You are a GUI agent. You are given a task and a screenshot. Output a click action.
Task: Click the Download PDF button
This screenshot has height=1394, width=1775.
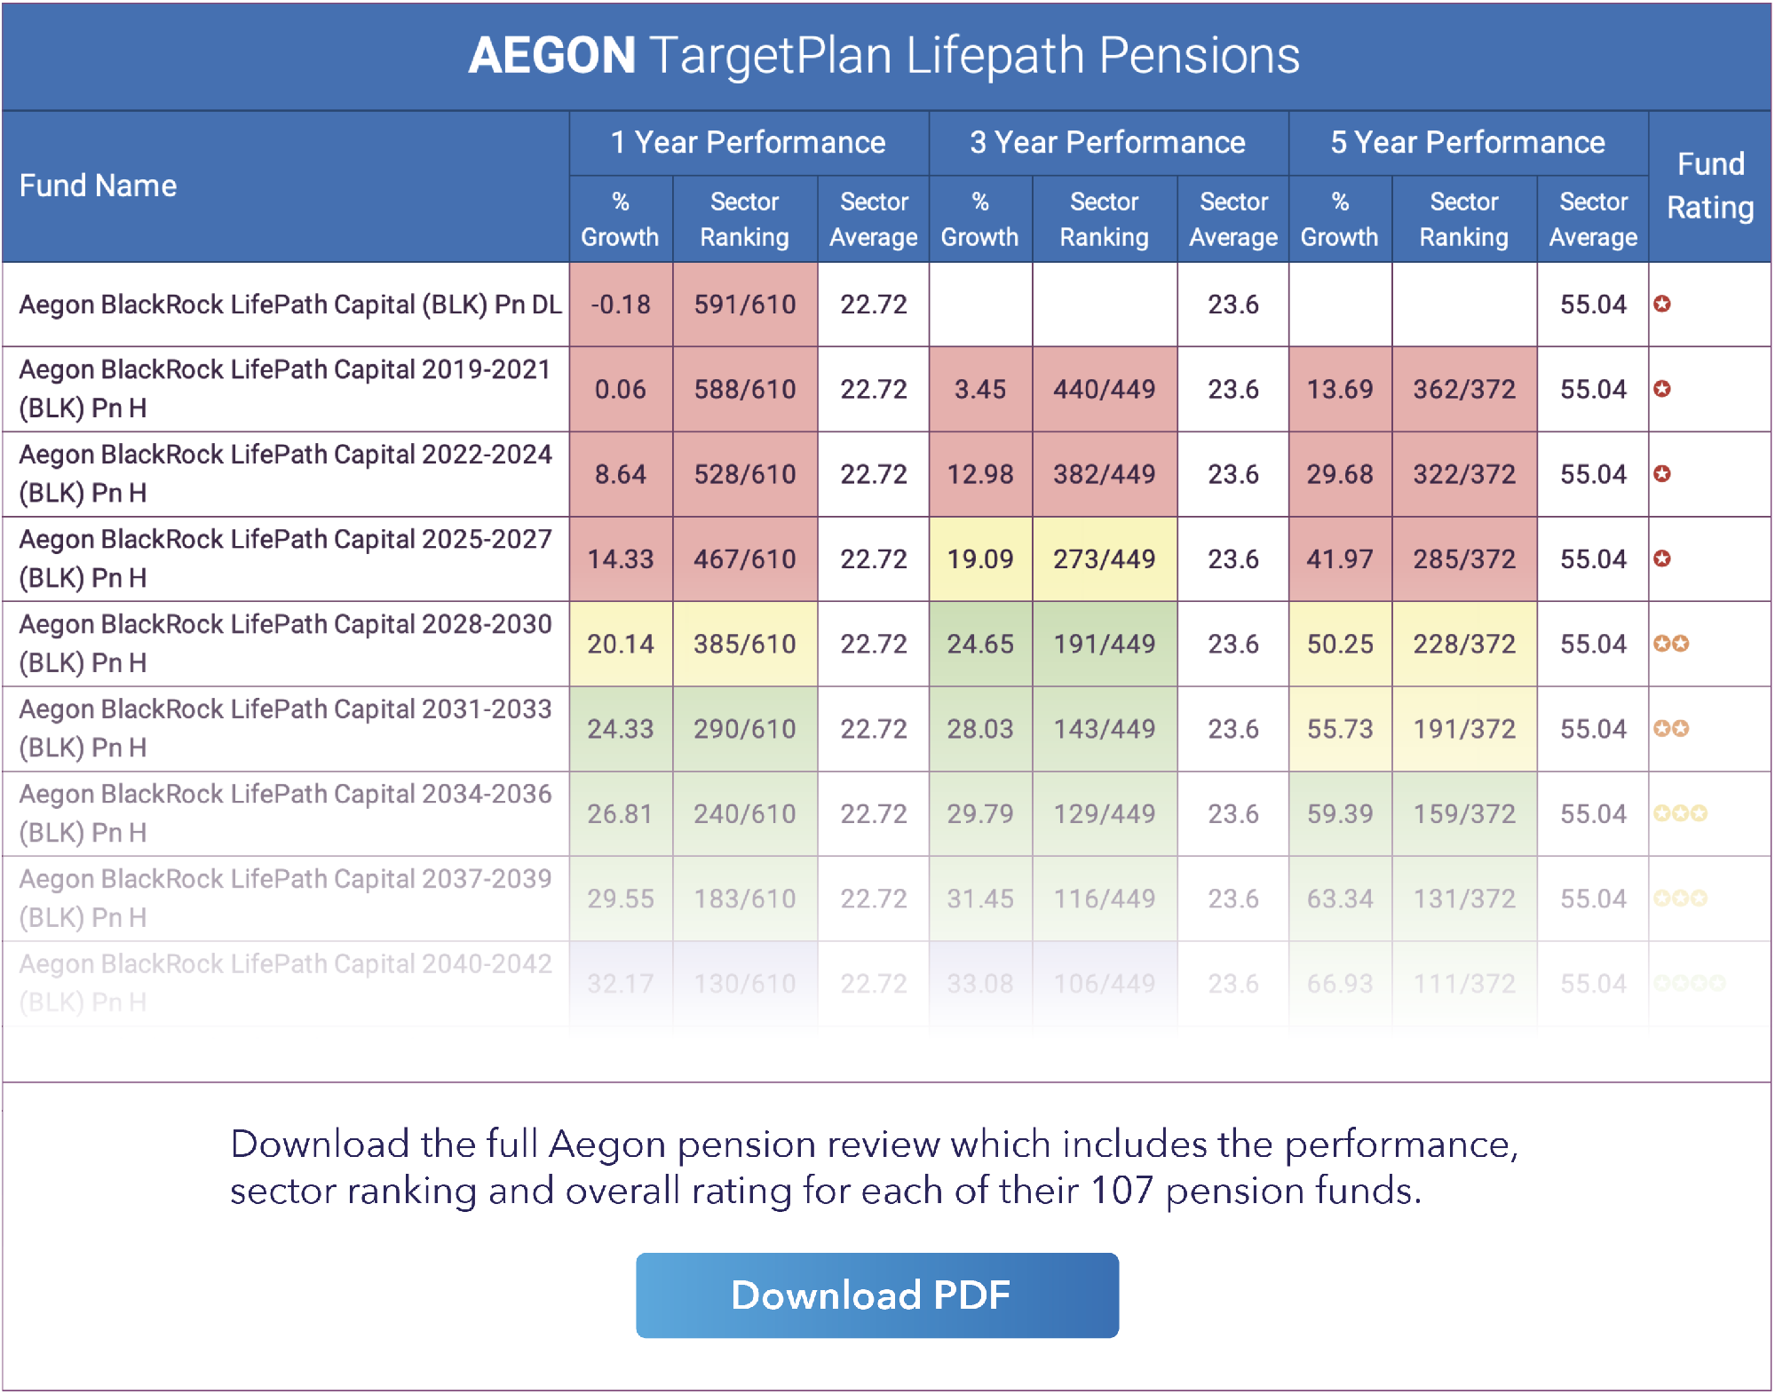(876, 1295)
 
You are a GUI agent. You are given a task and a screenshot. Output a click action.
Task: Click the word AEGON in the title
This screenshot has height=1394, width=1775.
(551, 55)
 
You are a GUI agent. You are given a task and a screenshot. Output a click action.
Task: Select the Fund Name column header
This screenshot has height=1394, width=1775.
(98, 186)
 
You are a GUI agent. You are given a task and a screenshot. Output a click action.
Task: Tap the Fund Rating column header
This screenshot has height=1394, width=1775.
(1709, 186)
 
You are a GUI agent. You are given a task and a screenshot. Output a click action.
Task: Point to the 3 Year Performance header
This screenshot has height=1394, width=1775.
(1107, 142)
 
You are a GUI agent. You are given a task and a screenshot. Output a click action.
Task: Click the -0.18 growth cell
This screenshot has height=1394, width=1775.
(621, 305)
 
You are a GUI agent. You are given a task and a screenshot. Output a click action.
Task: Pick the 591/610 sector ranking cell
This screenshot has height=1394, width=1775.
(745, 305)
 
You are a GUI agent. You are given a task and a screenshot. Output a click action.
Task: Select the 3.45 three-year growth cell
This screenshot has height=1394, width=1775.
(979, 389)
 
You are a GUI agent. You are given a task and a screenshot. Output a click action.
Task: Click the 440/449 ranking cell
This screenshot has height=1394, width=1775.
(1104, 389)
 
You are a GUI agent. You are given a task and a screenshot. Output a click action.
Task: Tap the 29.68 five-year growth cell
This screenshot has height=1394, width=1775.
(1339, 474)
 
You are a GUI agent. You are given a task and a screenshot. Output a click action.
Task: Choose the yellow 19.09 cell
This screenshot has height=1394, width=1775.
(979, 558)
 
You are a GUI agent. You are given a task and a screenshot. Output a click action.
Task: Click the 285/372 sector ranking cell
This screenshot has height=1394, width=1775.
(1464, 558)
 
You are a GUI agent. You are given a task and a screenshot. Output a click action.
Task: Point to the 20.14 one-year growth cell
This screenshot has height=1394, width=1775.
(621, 644)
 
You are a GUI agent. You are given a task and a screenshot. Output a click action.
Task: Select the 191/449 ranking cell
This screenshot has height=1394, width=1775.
(1104, 644)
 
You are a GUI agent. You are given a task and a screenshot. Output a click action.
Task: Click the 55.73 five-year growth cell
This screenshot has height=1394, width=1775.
(1339, 729)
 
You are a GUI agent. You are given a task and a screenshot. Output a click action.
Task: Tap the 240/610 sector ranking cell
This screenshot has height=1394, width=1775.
(745, 813)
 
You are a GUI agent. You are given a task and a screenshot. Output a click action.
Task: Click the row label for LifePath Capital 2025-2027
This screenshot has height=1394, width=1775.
(285, 558)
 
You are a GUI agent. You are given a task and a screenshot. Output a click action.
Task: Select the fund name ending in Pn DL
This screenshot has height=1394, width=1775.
(289, 305)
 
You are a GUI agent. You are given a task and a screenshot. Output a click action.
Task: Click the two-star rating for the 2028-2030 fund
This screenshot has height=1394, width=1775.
(1671, 644)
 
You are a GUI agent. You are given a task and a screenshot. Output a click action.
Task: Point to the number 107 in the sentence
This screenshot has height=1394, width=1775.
(1121, 1191)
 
